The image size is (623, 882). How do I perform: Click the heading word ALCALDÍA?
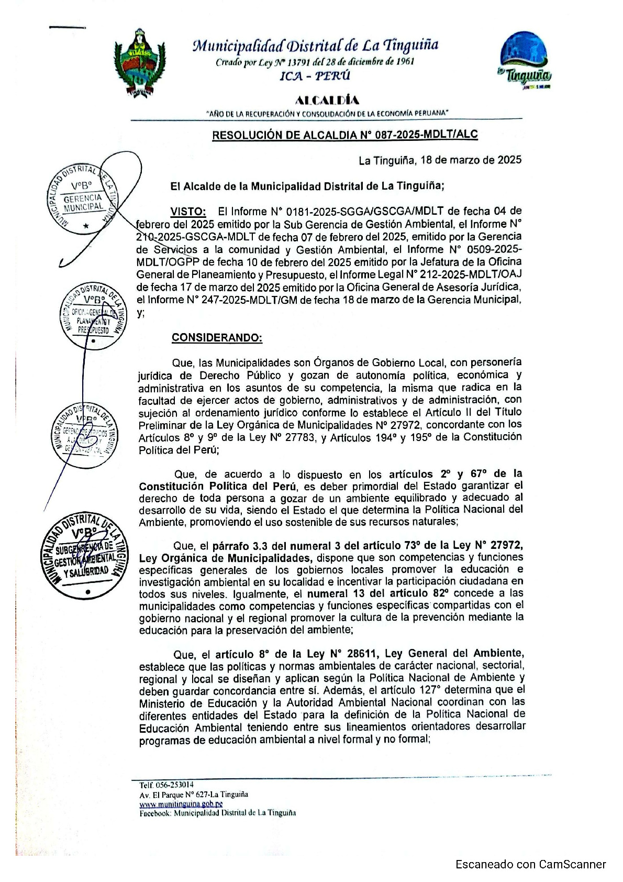tap(327, 100)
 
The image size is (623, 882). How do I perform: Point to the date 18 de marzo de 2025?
tap(471, 160)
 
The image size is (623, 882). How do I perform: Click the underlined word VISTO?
tap(188, 212)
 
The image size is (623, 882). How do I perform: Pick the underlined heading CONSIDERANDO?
tap(217, 338)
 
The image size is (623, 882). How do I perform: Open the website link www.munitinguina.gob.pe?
tap(181, 803)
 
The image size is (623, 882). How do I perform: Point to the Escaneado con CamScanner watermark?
tap(530, 864)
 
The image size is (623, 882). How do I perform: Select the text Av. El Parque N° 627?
tap(173, 794)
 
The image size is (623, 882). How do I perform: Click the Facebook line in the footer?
tap(217, 813)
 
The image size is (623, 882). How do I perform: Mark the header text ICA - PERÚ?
tap(315, 76)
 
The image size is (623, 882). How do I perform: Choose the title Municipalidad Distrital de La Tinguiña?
tap(316, 46)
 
